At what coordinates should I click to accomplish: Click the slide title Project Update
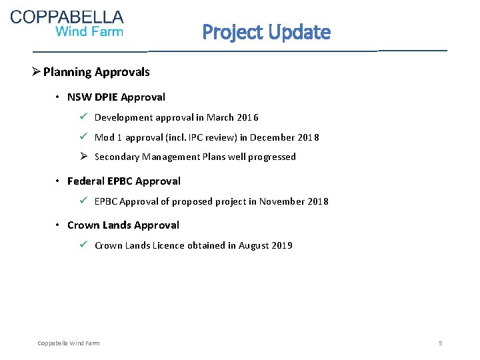pyautogui.click(x=266, y=31)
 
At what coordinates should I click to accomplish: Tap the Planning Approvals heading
pyautogui.click(x=97, y=72)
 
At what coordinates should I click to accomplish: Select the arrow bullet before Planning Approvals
pyautogui.click(x=37, y=72)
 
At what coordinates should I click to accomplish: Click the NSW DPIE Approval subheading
pyautogui.click(x=116, y=97)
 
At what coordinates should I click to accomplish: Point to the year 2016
pyautogui.click(x=247, y=117)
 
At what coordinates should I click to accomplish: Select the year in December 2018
pyautogui.click(x=307, y=137)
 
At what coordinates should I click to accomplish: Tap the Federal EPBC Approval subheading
pyautogui.click(x=124, y=181)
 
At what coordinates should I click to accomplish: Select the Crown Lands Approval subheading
pyautogui.click(x=123, y=225)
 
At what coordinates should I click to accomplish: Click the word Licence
pyautogui.click(x=168, y=245)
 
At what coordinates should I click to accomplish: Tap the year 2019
pyautogui.click(x=281, y=245)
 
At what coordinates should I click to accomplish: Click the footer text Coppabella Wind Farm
pyautogui.click(x=69, y=343)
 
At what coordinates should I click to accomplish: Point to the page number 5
pyautogui.click(x=441, y=343)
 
